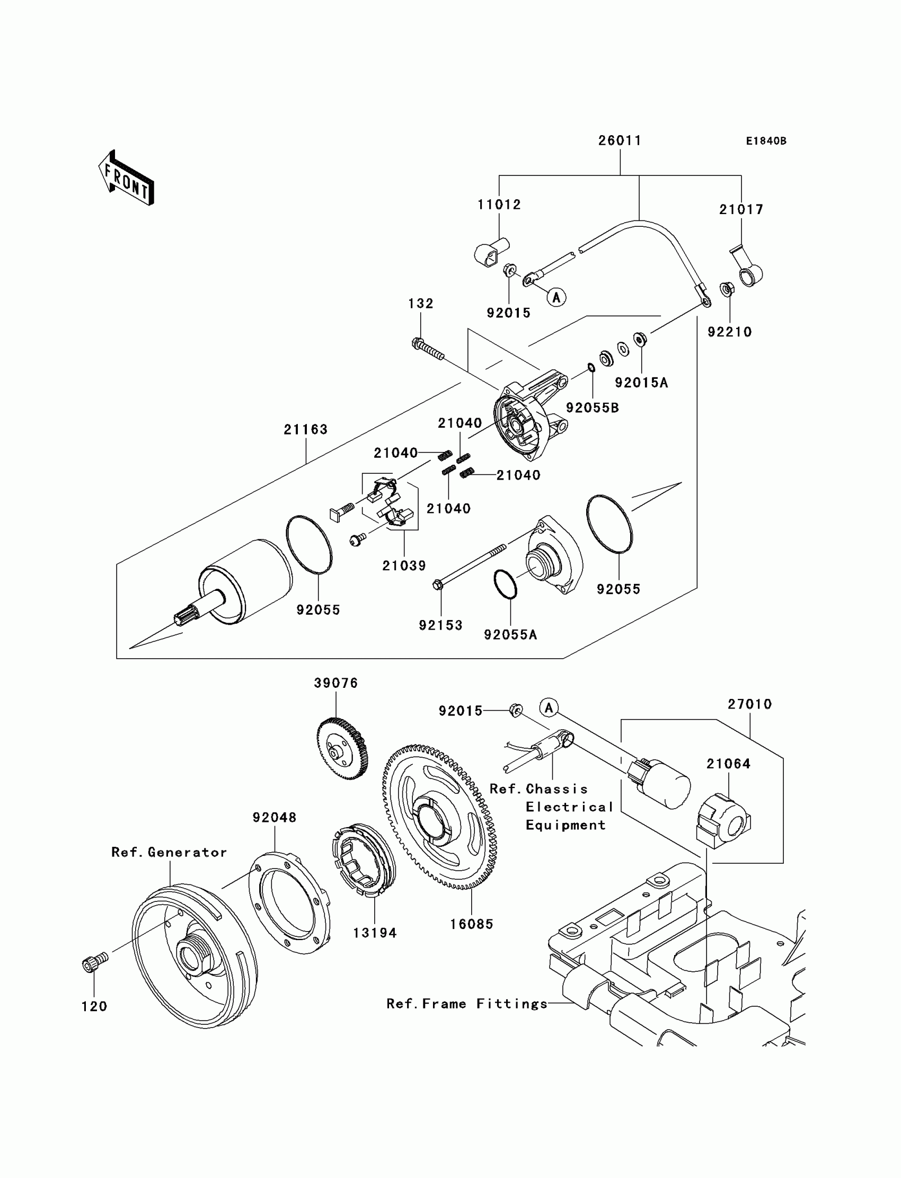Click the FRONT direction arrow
(x=126, y=178)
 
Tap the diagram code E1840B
(x=766, y=141)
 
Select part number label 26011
(x=620, y=140)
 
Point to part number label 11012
(x=499, y=205)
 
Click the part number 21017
(x=741, y=209)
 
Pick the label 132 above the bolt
(x=420, y=303)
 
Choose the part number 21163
(x=306, y=429)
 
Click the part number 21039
(x=404, y=565)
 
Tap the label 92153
(x=440, y=625)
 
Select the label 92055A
(x=510, y=634)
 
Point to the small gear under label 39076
(x=342, y=749)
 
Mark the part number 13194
(x=374, y=933)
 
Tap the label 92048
(x=275, y=817)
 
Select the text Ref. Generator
(x=169, y=852)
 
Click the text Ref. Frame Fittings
(x=466, y=1004)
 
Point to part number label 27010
(x=750, y=704)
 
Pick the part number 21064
(x=728, y=764)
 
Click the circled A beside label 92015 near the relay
(x=549, y=708)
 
